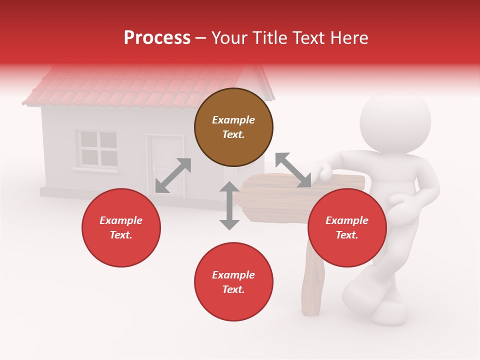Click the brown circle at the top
pyautogui.click(x=233, y=127)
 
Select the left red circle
pyautogui.click(x=121, y=227)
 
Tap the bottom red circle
pyautogui.click(x=233, y=282)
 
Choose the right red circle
pyautogui.click(x=347, y=227)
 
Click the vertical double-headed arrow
pyautogui.click(x=229, y=205)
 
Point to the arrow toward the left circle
pyautogui.click(x=173, y=175)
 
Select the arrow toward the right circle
pyautogui.click(x=293, y=170)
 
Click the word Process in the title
pyautogui.click(x=157, y=37)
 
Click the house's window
pyautogui.click(x=97, y=148)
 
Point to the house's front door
pyautogui.click(x=164, y=167)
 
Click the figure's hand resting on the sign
pyautogui.click(x=323, y=171)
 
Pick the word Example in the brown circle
pyautogui.click(x=233, y=120)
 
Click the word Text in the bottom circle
pyautogui.click(x=232, y=289)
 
